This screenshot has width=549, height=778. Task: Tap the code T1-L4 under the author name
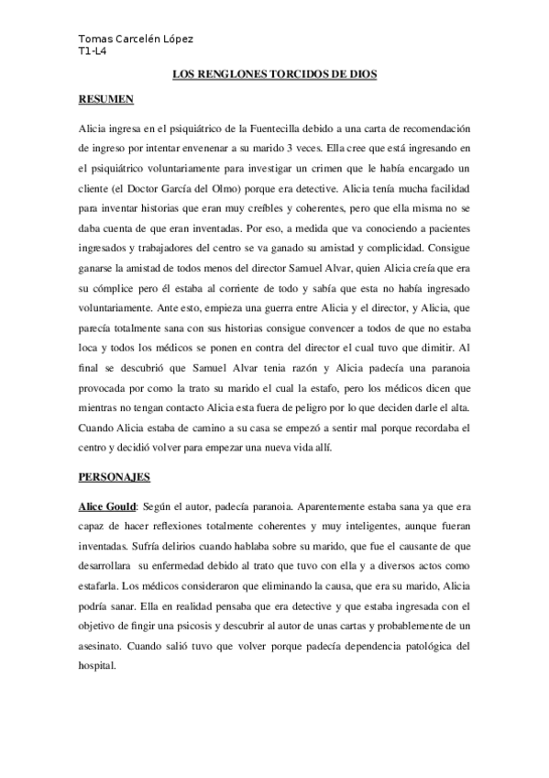93,52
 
